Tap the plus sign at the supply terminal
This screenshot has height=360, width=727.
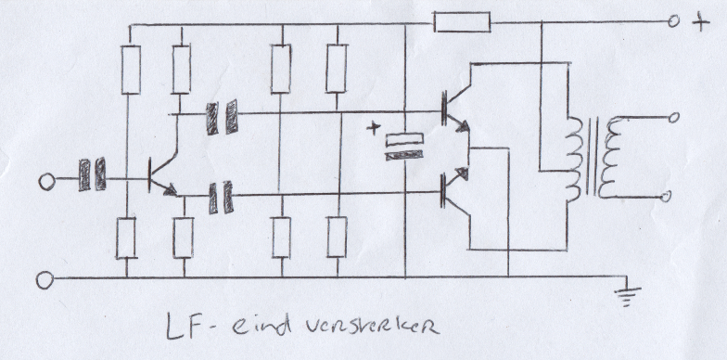[701, 22]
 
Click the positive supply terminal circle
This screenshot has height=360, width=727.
[673, 20]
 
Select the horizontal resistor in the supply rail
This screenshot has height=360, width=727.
[462, 22]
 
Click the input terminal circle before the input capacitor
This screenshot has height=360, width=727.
[46, 182]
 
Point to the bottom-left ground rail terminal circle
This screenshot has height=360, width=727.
[45, 280]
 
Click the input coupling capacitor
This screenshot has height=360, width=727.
[93, 174]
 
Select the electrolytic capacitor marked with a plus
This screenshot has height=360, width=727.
[404, 147]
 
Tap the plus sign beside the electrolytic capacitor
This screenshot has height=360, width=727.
[373, 127]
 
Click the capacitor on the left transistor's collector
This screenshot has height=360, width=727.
[223, 118]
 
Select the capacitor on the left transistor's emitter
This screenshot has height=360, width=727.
[221, 198]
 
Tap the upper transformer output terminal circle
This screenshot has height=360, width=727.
[673, 117]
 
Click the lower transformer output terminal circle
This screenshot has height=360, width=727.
[666, 197]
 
